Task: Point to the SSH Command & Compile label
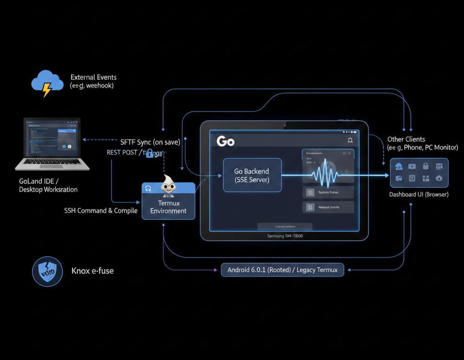coord(101,211)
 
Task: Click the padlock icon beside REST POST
coord(149,153)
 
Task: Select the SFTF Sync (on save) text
coord(150,142)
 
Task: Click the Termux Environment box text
coord(168,207)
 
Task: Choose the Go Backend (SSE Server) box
coord(252,175)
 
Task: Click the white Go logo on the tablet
coord(226,141)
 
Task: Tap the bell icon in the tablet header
coord(350,141)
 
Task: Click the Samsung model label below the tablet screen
coord(284,236)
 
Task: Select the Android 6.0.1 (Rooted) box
coord(282,270)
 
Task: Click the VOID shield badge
coord(47,271)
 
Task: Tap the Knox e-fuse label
coord(92,271)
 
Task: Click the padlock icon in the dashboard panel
coord(425,167)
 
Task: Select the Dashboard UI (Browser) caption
coord(419,194)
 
